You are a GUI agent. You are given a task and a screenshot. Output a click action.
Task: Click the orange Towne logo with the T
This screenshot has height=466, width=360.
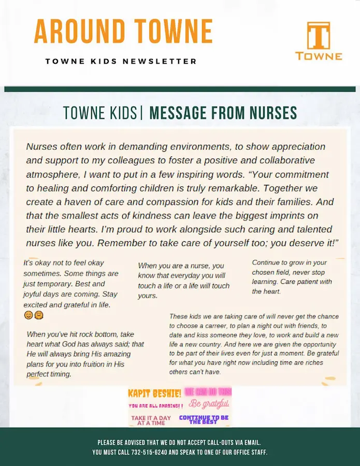pos(318,41)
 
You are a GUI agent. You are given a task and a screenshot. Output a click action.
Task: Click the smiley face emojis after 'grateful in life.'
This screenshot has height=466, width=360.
pos(33,315)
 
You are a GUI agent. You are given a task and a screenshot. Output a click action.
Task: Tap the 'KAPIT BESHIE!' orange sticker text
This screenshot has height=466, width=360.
pos(154,393)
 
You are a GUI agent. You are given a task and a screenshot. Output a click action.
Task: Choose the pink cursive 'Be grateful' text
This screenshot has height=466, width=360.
pos(208,403)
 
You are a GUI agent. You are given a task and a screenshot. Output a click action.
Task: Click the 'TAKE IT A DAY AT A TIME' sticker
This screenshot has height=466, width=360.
pos(151,420)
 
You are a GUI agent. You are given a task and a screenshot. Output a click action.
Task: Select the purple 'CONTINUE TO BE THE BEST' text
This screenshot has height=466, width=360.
pos(204,419)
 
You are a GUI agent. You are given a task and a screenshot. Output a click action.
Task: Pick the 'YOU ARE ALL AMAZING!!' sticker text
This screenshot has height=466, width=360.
pos(155,406)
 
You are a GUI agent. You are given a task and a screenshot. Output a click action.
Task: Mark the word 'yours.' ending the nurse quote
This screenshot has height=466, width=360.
pos(148,296)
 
